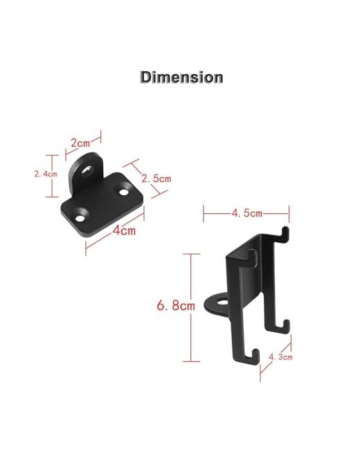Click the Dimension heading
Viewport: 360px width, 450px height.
coord(181,78)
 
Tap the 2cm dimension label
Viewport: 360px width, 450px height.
coord(80,143)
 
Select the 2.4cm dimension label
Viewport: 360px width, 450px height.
coord(46,174)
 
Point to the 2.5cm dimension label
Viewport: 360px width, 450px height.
coord(156,179)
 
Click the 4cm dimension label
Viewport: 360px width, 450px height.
coord(124,230)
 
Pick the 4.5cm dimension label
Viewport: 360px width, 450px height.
coord(247,213)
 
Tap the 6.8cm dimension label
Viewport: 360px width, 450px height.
coord(176,305)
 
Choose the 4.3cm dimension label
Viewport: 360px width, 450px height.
coord(280,357)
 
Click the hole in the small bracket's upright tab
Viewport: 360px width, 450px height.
coord(87,170)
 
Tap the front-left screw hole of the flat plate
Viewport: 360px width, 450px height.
coord(80,219)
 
